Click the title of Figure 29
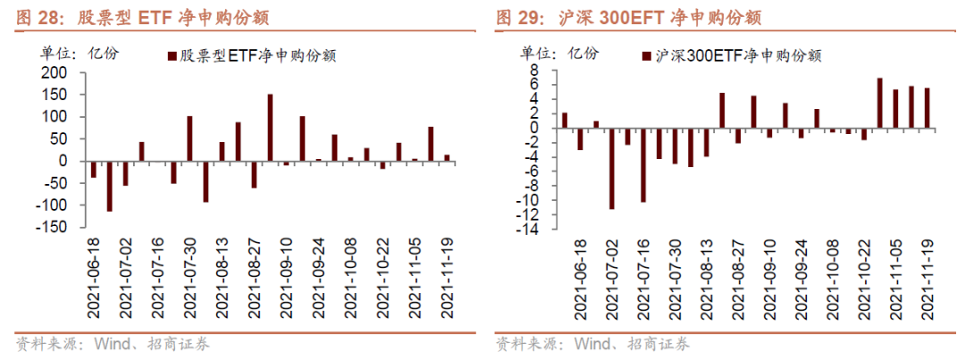629,17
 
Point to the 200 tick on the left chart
55,72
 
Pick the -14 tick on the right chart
533,230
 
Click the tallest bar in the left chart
270,127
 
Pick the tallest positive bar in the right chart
880,102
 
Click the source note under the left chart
113,344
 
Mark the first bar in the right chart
565,120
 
